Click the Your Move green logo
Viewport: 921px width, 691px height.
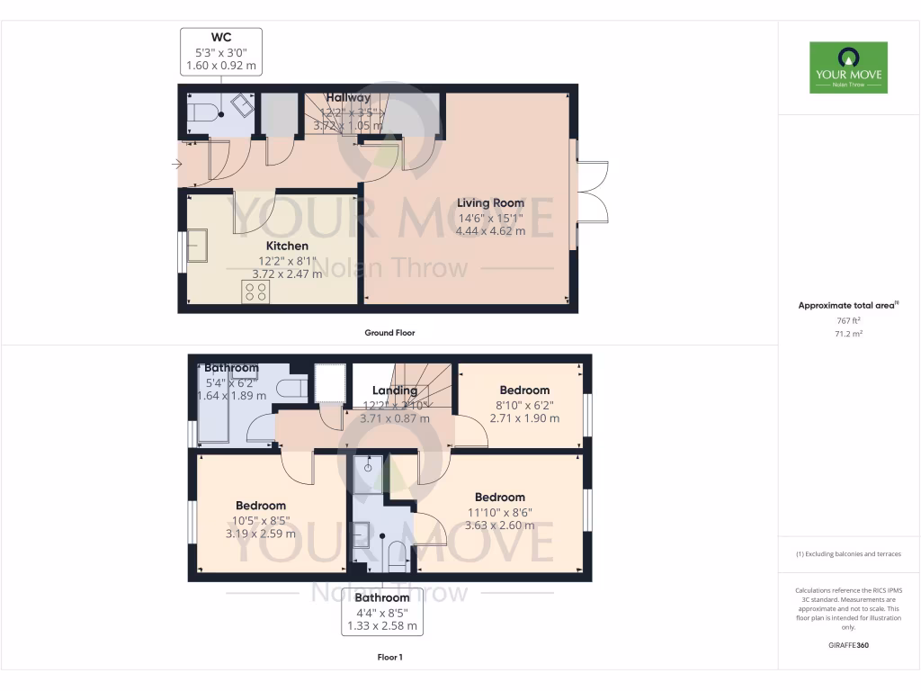click(848, 67)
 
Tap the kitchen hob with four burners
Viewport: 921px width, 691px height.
click(255, 292)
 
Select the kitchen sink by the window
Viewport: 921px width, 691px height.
click(196, 246)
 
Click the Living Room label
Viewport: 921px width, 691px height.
click(489, 203)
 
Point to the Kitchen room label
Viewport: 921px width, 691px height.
click(287, 246)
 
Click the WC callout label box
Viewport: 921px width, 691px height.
click(220, 51)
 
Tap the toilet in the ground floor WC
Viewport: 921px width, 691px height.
click(201, 112)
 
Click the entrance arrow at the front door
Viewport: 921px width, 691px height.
click(176, 164)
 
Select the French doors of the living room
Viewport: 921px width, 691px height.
click(593, 191)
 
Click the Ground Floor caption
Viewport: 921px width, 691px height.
click(389, 333)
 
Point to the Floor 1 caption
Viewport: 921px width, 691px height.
click(389, 658)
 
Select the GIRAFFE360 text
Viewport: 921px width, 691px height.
click(849, 645)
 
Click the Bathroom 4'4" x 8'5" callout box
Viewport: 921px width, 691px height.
click(381, 612)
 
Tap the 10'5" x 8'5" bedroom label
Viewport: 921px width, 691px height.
click(260, 519)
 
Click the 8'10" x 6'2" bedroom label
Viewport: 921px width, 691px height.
click(524, 404)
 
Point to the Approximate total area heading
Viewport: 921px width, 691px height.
click(847, 306)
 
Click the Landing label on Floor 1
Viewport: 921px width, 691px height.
click(395, 390)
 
